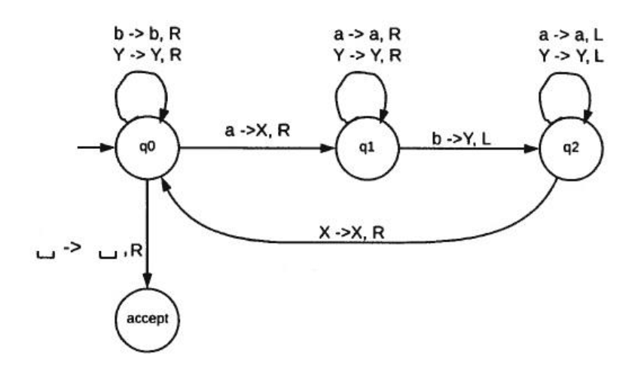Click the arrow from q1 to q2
click(467, 148)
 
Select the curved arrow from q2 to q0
click(354, 242)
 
